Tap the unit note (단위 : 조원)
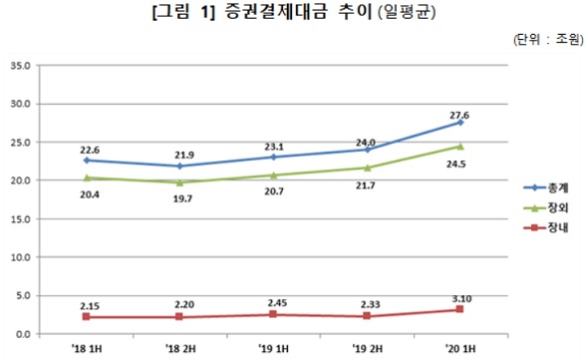(x=547, y=41)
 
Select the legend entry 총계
(x=543, y=185)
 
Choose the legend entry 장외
(x=543, y=206)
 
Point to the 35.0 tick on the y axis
(x=20, y=66)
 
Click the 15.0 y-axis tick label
(x=20, y=218)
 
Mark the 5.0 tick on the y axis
(x=23, y=295)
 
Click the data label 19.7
(x=179, y=198)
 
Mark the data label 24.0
(x=366, y=131)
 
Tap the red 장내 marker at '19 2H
(x=367, y=315)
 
